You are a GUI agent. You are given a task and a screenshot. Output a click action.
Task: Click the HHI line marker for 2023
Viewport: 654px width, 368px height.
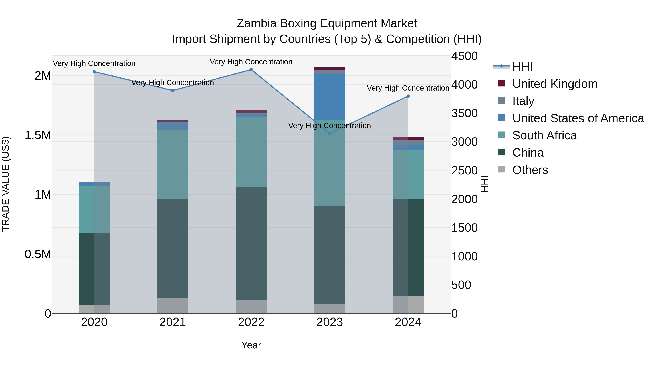pyautogui.click(x=330, y=133)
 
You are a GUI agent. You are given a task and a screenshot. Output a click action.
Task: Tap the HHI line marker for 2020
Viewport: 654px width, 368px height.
pyautogui.click(x=94, y=72)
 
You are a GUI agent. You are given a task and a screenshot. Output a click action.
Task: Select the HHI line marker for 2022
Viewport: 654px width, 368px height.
pyautogui.click(x=251, y=70)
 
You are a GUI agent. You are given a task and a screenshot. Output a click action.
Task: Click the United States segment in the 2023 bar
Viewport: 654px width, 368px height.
pyautogui.click(x=330, y=97)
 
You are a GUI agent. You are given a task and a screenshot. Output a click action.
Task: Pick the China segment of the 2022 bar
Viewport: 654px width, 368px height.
pyautogui.click(x=251, y=244)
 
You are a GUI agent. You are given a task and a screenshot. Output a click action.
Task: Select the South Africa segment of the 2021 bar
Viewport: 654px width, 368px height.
pyautogui.click(x=173, y=165)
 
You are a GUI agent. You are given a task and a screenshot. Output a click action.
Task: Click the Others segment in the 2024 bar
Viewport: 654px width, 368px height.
pyautogui.click(x=408, y=305)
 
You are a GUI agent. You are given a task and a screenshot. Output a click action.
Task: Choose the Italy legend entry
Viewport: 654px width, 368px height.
pyautogui.click(x=523, y=101)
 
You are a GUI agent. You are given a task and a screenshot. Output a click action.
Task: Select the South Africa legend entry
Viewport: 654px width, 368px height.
pyautogui.click(x=544, y=135)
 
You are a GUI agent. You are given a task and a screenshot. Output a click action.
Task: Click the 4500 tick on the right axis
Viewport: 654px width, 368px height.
pyautogui.click(x=464, y=56)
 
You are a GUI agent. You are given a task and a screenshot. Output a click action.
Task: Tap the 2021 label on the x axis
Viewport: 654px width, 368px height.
pyautogui.click(x=173, y=322)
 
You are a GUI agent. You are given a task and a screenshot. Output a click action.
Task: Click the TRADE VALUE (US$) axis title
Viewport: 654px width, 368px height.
pyautogui.click(x=6, y=184)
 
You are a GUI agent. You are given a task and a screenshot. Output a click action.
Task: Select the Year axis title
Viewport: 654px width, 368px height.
pyautogui.click(x=251, y=345)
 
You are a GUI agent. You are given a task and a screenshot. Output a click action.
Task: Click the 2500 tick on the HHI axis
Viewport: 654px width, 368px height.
pyautogui.click(x=464, y=170)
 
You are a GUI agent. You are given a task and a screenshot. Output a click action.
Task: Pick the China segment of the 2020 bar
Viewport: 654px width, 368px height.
pyautogui.click(x=94, y=269)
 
